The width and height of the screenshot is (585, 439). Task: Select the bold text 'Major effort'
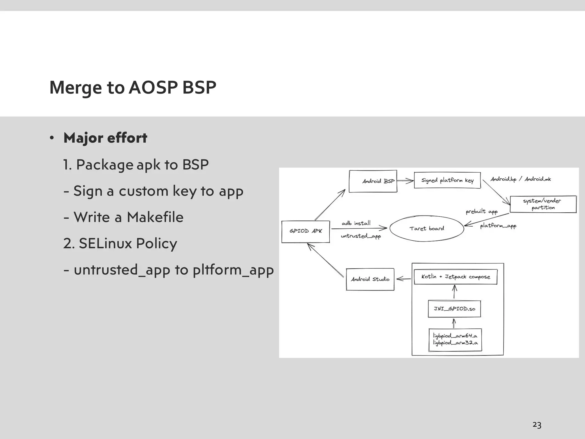point(105,138)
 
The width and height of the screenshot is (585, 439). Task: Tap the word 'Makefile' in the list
point(155,217)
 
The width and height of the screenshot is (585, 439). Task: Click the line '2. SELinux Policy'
point(120,244)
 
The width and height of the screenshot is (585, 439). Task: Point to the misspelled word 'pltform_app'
point(233,270)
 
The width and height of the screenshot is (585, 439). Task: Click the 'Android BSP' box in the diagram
point(373,181)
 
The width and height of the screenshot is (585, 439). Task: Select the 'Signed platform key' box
point(447,180)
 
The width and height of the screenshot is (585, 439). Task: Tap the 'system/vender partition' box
point(543,204)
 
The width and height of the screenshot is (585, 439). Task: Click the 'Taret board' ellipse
point(426,228)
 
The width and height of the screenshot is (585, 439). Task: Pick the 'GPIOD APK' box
point(305,231)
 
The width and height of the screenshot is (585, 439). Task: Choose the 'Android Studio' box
point(370,279)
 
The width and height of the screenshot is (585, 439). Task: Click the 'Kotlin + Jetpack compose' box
point(456,277)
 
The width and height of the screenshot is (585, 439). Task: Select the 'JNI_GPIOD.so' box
point(454,309)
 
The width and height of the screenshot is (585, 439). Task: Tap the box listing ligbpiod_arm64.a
point(455,339)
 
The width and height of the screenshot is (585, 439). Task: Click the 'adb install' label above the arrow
point(356,223)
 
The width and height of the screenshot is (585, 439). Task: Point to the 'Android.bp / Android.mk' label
point(520,179)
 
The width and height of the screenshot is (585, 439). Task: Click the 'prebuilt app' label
point(482,211)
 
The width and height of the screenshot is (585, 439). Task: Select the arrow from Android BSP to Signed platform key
point(405,181)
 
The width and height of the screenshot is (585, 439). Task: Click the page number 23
point(537,425)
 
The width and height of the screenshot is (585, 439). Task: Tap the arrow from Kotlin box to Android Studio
point(404,278)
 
